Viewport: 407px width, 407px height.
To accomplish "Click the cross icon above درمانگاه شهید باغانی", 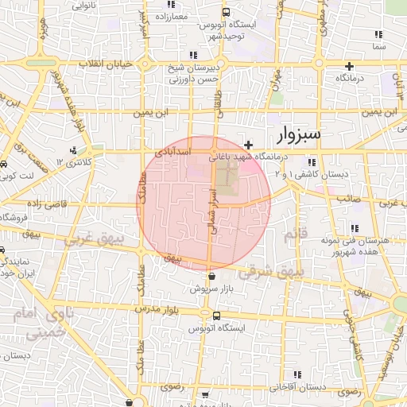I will (249, 145).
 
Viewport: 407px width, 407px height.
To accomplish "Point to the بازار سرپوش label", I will (211, 290).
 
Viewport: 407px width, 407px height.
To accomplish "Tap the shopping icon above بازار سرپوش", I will (211, 277).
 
